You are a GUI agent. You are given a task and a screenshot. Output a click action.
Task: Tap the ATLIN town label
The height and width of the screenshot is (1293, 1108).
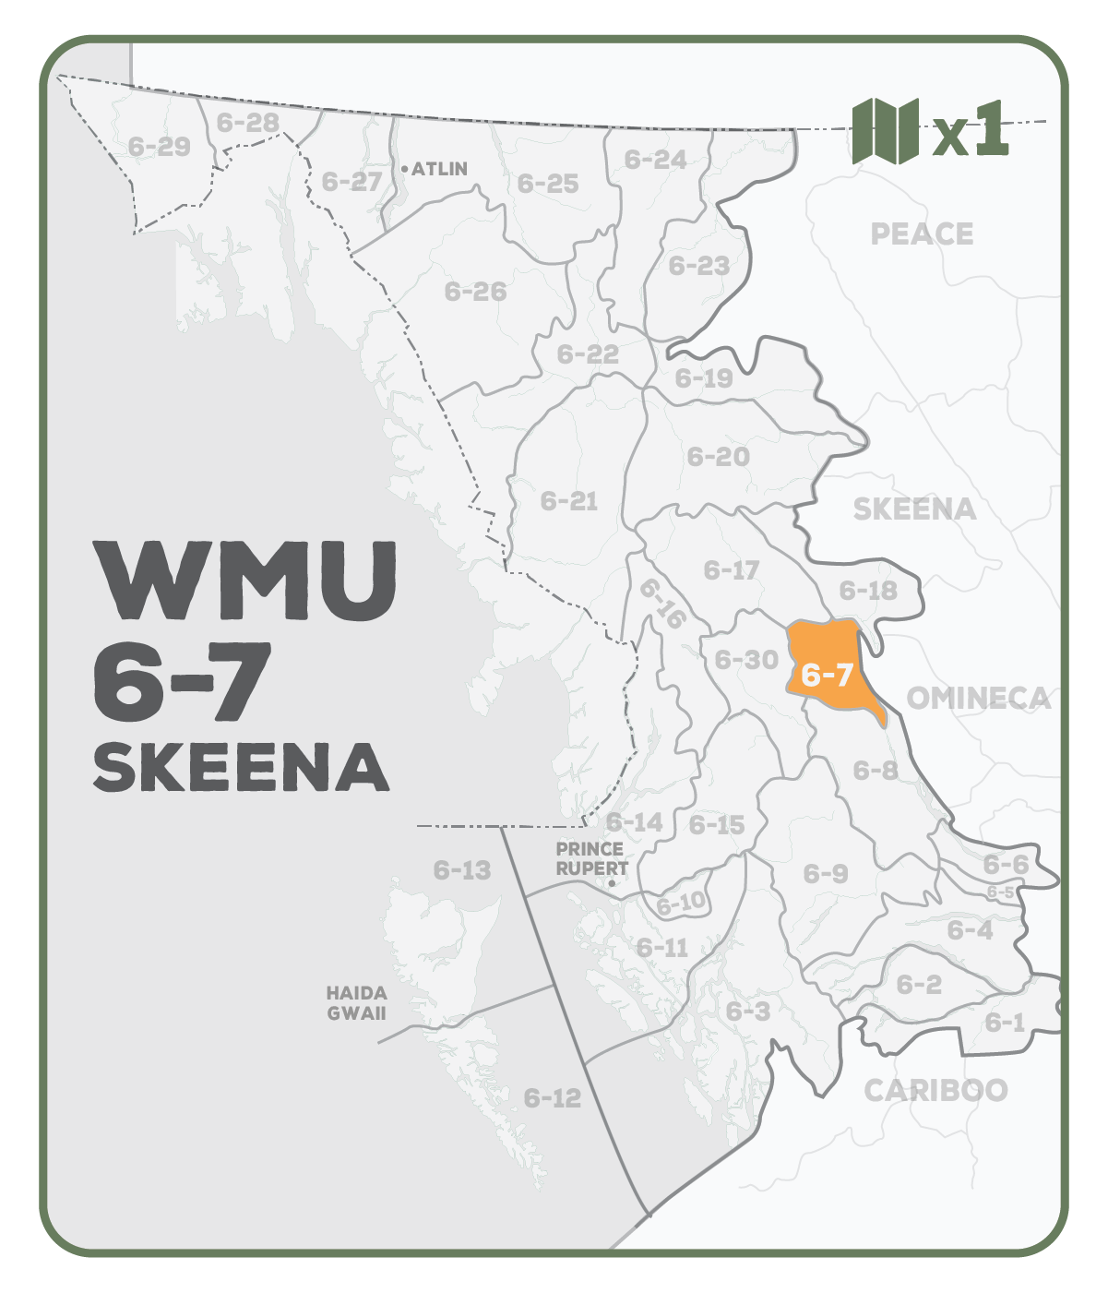(x=439, y=169)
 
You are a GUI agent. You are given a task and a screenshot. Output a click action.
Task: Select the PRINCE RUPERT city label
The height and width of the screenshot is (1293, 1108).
(x=590, y=858)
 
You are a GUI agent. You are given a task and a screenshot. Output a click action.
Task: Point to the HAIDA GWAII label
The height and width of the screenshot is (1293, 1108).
(x=356, y=1003)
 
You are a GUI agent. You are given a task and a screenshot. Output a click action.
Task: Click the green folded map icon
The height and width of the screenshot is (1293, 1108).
(x=885, y=131)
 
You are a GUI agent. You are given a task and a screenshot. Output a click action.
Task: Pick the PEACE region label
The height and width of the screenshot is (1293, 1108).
(x=922, y=234)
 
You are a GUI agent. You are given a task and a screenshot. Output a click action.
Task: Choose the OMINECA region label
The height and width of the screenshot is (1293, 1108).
(x=978, y=698)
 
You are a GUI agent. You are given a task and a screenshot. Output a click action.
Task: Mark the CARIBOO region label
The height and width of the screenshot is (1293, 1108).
(x=935, y=1091)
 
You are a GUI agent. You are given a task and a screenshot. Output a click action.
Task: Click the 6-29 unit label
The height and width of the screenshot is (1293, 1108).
(x=159, y=146)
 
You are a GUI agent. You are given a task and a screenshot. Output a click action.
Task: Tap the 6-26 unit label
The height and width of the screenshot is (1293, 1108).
(x=475, y=292)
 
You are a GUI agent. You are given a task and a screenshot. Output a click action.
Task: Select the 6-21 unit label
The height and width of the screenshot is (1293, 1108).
(x=569, y=501)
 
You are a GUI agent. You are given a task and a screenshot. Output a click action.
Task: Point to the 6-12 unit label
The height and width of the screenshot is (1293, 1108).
(x=553, y=1098)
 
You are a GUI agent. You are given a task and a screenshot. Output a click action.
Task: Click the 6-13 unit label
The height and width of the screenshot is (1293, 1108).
(x=462, y=870)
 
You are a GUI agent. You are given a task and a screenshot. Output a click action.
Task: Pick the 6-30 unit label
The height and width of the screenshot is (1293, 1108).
(x=746, y=660)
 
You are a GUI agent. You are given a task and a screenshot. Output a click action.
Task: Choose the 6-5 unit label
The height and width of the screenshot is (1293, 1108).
(x=1000, y=892)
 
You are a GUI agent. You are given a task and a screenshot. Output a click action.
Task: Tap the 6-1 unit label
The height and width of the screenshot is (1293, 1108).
(x=1005, y=1022)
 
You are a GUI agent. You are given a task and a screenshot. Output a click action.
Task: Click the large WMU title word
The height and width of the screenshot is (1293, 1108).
(x=247, y=581)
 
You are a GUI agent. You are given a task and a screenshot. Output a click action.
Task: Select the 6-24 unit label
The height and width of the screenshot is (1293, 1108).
(x=655, y=160)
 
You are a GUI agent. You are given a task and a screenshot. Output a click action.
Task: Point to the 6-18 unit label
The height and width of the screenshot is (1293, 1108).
(x=867, y=590)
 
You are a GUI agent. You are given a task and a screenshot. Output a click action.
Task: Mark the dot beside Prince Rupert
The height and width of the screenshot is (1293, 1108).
(x=612, y=883)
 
